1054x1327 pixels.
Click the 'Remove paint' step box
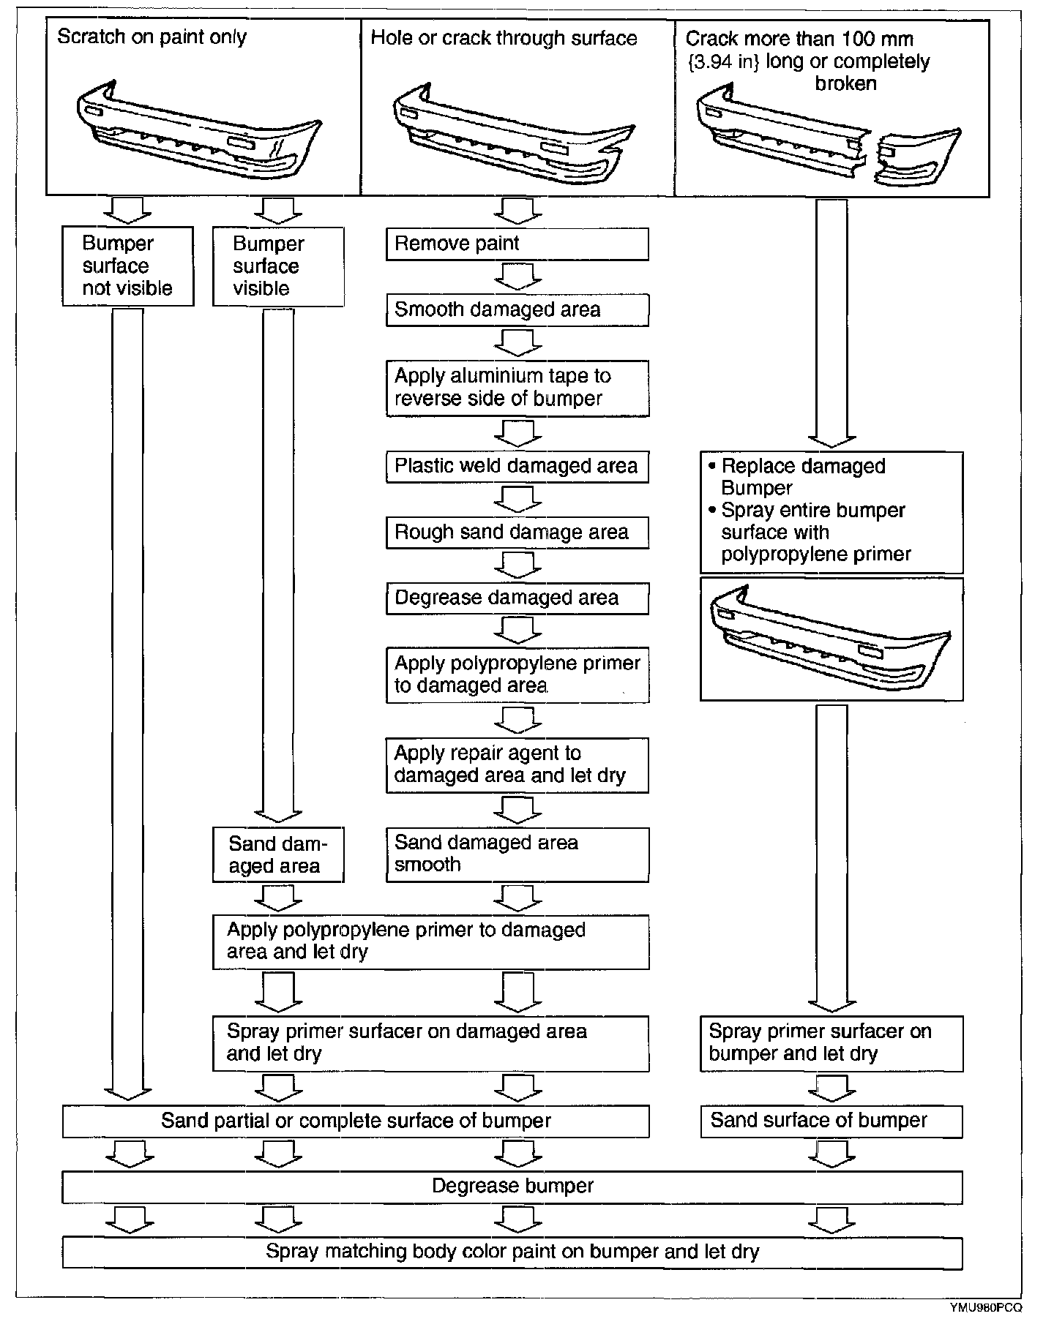pos(517,244)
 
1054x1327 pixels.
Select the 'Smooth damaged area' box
pos(517,309)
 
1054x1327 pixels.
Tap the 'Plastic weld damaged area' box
pos(517,466)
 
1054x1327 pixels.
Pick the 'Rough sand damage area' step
pos(517,532)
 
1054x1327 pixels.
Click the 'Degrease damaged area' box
pos(517,598)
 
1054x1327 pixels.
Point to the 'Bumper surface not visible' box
pos(127,266)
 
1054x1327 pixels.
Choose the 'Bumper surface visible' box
pos(277,266)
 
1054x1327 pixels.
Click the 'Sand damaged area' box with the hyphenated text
pos(277,854)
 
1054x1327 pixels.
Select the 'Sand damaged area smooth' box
pos(517,854)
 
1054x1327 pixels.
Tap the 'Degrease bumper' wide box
pos(512,1187)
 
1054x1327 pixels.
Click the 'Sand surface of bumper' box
pos(831,1121)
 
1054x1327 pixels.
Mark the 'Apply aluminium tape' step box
pos(517,388)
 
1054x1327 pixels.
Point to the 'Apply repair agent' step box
pos(517,764)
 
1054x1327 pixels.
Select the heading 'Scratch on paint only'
pos(152,37)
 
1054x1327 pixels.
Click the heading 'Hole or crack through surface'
pos(504,38)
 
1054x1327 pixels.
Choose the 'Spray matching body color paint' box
pos(512,1252)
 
